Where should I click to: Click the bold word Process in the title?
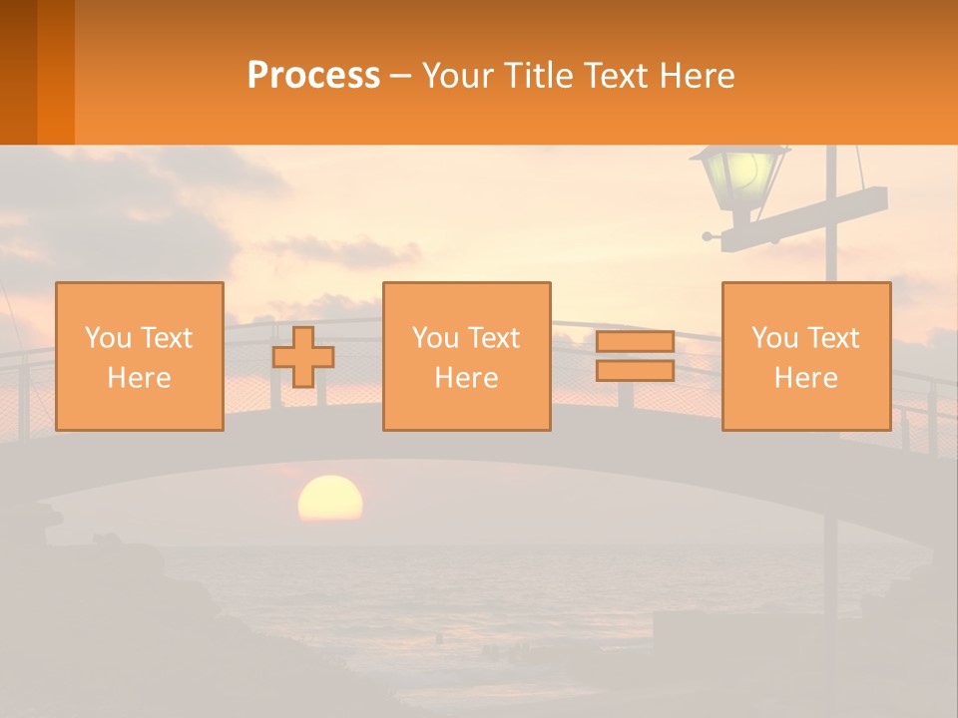pos(313,76)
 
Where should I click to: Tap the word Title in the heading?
pos(543,76)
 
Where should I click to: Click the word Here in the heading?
pos(696,76)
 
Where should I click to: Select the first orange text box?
pos(140,356)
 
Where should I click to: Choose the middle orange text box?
pos(466,356)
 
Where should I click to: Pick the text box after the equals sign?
pos(805,356)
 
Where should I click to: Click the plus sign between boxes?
pos(303,357)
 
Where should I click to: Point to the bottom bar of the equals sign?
pos(635,370)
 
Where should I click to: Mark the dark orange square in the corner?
pos(37,72)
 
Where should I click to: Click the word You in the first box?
pos(105,337)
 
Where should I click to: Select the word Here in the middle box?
pos(466,377)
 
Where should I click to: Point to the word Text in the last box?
pos(831,337)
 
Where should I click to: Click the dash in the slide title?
pos(401,76)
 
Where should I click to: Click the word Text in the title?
pos(617,76)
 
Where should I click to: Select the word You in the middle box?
pos(433,337)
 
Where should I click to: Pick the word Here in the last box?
pos(805,377)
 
